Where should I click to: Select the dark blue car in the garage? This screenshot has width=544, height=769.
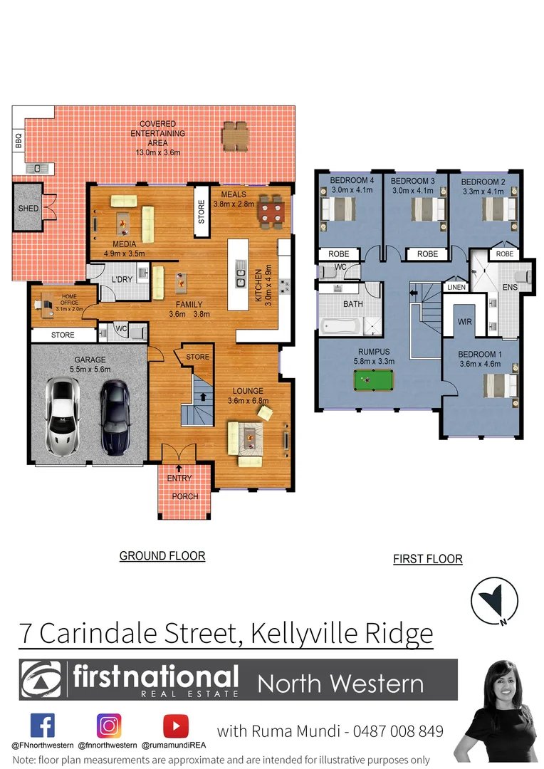pyautogui.click(x=114, y=417)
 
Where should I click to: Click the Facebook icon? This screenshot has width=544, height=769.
pyautogui.click(x=43, y=726)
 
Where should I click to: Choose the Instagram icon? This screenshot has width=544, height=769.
pyautogui.click(x=109, y=726)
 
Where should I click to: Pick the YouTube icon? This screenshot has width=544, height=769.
pyautogui.click(x=175, y=726)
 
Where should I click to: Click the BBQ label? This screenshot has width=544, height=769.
pyautogui.click(x=19, y=140)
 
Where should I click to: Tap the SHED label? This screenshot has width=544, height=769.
pyautogui.click(x=28, y=209)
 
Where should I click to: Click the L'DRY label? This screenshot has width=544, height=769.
pyautogui.click(x=122, y=279)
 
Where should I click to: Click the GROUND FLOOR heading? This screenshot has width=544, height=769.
pyautogui.click(x=162, y=556)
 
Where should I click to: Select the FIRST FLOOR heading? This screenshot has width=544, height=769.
pyautogui.click(x=428, y=559)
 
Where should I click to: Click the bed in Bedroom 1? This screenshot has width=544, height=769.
pyautogui.click(x=500, y=387)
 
